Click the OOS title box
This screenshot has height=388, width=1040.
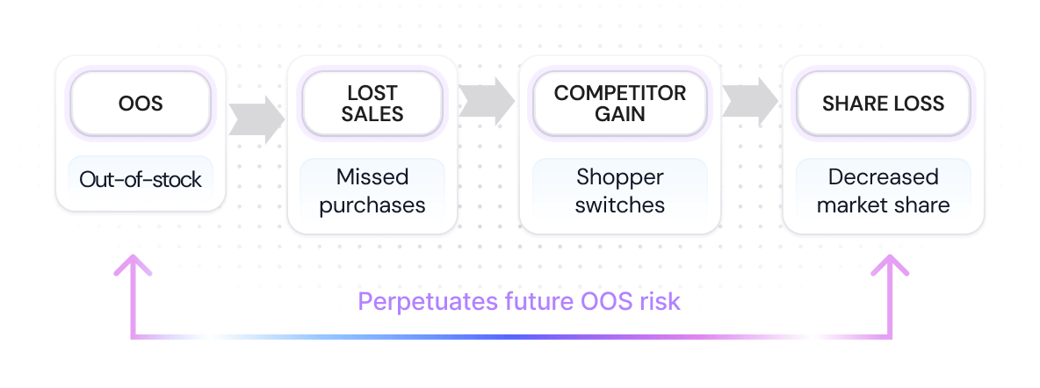(141, 104)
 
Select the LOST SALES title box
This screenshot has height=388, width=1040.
(372, 104)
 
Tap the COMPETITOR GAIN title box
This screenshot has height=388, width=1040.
(620, 104)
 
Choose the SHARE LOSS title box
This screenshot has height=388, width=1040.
(883, 104)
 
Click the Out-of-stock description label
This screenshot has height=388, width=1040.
(141, 180)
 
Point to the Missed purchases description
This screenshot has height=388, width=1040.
(372, 190)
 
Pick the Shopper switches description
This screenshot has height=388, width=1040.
(620, 190)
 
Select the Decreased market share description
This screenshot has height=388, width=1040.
(883, 190)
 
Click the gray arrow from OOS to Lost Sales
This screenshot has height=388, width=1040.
(256, 117)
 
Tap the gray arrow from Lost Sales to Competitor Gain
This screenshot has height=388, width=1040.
(487, 101)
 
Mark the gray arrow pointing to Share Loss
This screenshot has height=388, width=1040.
(750, 101)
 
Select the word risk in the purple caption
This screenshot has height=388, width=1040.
(661, 302)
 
